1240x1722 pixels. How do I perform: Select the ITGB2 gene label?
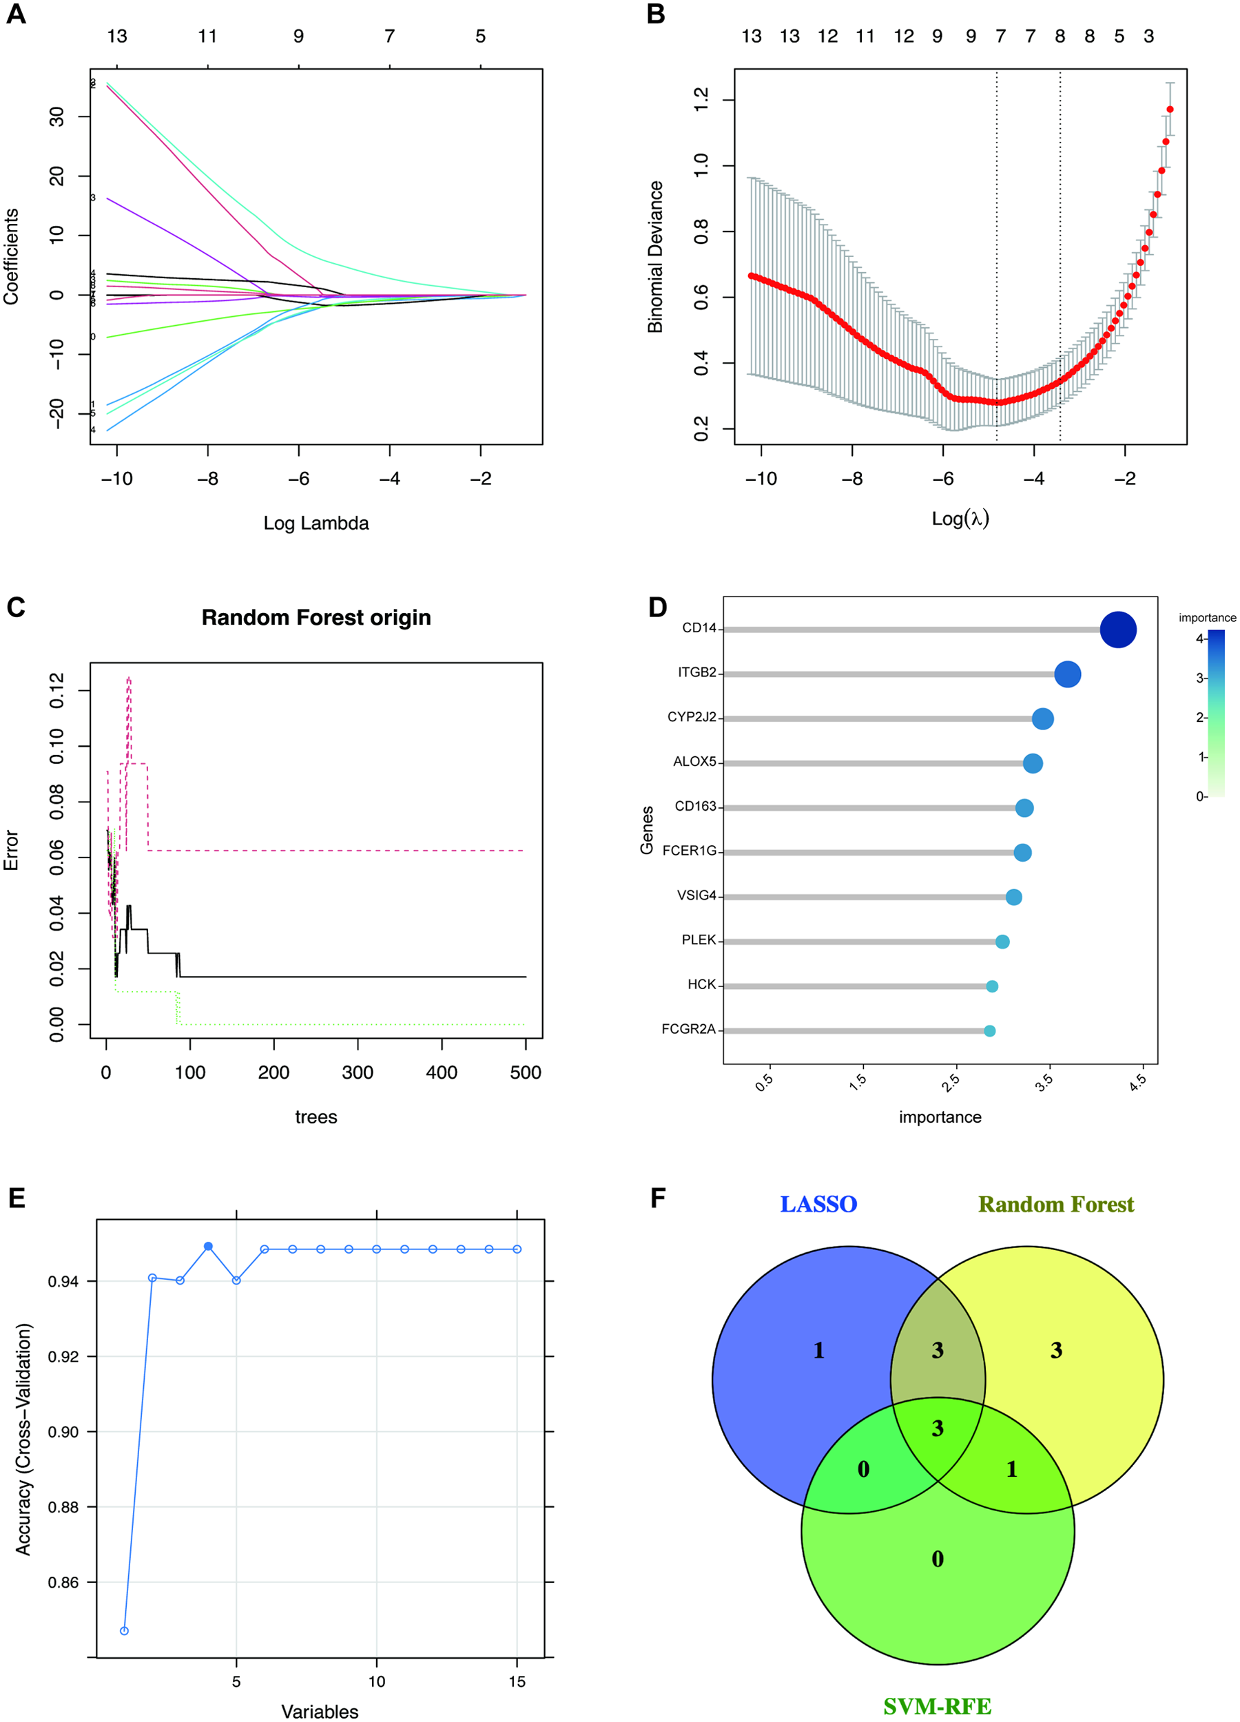[x=696, y=673]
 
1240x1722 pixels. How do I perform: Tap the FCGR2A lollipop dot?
[x=989, y=1031]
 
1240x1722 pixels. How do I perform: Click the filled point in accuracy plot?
[x=208, y=1247]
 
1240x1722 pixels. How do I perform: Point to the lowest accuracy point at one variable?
[x=125, y=1631]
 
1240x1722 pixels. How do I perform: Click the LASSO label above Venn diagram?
[x=818, y=1204]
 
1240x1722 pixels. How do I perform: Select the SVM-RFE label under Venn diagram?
[x=937, y=1707]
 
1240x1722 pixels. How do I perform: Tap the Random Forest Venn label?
[x=1055, y=1204]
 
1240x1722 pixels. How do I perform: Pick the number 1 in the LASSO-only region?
[x=818, y=1351]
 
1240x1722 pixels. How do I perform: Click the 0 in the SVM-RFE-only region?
[x=938, y=1559]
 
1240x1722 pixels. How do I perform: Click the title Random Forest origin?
[x=316, y=617]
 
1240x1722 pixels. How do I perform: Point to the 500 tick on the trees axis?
[x=526, y=1073]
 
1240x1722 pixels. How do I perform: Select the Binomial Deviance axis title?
[x=655, y=257]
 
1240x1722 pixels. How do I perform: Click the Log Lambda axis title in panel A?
[x=316, y=523]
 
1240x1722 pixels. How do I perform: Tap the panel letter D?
[x=658, y=608]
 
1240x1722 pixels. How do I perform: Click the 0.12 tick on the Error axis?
[x=57, y=690]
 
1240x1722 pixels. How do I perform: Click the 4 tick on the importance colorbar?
[x=1200, y=639]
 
